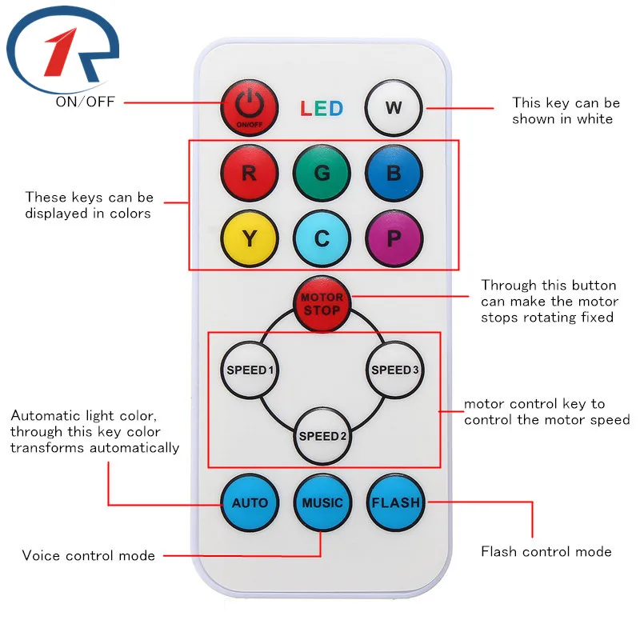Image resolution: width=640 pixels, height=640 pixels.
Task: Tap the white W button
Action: coord(394,107)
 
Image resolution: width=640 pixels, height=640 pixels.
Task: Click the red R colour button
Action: coord(249,173)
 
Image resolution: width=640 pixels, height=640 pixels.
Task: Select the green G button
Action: coord(322,173)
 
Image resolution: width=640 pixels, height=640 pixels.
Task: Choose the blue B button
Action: coord(394,173)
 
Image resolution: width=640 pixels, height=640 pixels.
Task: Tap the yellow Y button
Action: coord(249,238)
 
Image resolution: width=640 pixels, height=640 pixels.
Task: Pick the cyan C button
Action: coord(322,238)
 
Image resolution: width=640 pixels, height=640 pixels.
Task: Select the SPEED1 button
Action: coord(250,370)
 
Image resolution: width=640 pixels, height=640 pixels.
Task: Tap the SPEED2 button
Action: coord(322,436)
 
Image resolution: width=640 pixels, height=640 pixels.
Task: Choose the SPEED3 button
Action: coord(394,370)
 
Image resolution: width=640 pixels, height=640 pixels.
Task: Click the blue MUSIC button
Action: coord(322,503)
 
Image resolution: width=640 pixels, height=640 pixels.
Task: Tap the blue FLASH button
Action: coord(395,503)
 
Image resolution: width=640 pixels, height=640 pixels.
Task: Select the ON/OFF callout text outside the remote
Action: coord(86,102)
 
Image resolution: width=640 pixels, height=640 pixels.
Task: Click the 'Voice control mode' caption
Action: coord(88,555)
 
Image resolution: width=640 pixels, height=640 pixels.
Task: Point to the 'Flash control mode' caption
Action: coord(546,551)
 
